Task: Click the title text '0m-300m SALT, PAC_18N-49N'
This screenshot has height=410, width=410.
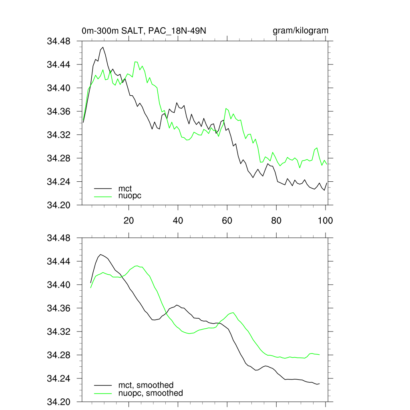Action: click(x=144, y=31)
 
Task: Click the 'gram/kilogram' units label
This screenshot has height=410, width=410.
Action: click(x=300, y=31)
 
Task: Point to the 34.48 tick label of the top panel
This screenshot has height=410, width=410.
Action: click(x=59, y=41)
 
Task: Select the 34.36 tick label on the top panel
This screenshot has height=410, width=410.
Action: click(x=59, y=111)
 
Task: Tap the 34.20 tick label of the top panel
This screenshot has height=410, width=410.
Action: click(x=59, y=205)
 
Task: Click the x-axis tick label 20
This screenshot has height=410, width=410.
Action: click(x=129, y=220)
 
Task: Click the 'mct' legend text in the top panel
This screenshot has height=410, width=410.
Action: click(x=125, y=188)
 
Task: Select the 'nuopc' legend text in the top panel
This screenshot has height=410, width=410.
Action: click(x=130, y=195)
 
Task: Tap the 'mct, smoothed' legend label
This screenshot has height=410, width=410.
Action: click(x=146, y=385)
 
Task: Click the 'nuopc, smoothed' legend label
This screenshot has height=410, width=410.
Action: click(x=151, y=393)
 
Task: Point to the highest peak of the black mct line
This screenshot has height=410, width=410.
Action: click(x=103, y=47)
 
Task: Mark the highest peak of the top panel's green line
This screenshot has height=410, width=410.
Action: click(x=136, y=62)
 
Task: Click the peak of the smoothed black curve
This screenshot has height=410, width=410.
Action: click(x=100, y=254)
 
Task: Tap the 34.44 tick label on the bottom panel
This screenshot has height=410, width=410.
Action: click(x=59, y=261)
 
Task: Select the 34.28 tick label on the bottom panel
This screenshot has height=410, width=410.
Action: click(x=59, y=355)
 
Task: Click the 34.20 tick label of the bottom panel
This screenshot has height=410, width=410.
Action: click(x=59, y=402)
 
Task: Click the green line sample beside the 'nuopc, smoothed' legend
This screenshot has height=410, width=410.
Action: click(x=103, y=393)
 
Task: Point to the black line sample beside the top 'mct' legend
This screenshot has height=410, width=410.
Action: click(x=103, y=188)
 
